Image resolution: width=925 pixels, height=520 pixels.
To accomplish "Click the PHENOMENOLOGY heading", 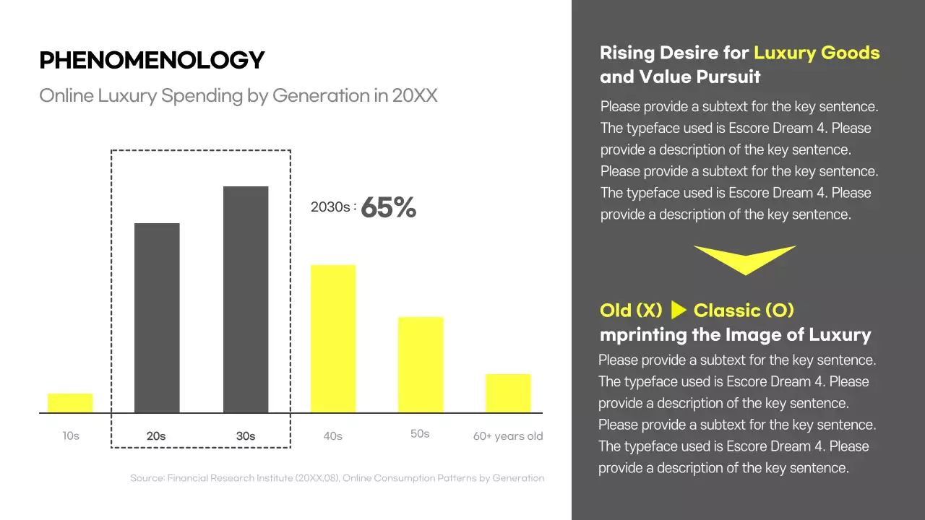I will point(152,60).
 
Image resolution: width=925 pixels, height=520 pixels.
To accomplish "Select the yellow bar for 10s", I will point(70,403).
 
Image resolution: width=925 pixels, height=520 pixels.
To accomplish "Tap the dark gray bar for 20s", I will point(157,318).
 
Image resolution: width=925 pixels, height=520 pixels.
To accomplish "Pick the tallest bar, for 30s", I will point(246,300).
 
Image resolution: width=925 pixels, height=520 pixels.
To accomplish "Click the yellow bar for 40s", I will point(333,339).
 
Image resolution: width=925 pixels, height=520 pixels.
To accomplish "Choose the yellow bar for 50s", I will point(421,365).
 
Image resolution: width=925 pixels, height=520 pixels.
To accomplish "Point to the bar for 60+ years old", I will point(508,394).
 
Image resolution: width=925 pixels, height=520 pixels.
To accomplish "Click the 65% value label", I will point(388,208).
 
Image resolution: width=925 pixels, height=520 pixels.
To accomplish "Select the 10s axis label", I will point(70,436).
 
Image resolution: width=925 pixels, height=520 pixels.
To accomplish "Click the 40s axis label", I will point(332,436).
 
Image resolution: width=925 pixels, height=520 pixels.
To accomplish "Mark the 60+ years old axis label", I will point(508,436).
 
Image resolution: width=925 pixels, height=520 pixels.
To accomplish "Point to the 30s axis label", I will point(246,436).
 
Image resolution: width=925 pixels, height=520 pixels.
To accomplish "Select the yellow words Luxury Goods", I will point(817,53).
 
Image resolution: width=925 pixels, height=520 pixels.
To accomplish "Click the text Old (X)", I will point(631,311).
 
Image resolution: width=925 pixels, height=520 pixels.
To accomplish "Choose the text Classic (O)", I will point(744,311).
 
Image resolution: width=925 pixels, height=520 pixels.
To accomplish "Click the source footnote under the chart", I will point(337,478).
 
